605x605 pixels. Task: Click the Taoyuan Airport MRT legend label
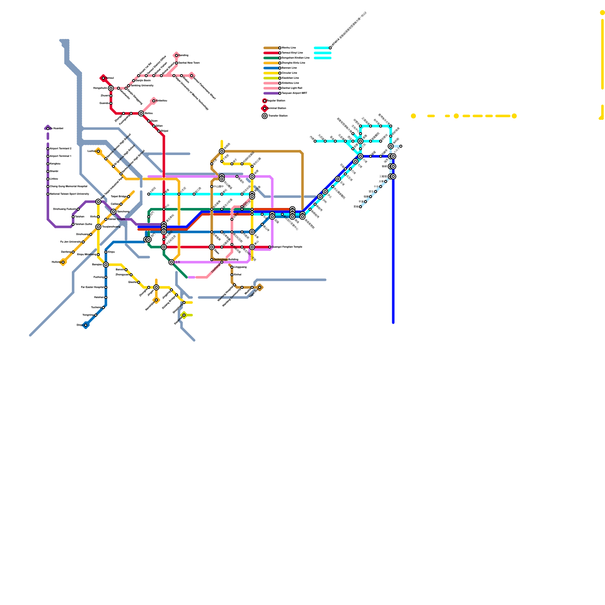pyautogui.click(x=295, y=93)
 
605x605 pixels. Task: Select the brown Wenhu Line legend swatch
pyautogui.click(x=271, y=48)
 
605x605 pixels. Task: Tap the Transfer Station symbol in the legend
pyautogui.click(x=265, y=116)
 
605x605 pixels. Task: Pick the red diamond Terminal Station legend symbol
pyautogui.click(x=265, y=109)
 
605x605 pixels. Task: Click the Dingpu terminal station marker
pyautogui.click(x=86, y=325)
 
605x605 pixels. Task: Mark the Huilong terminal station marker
pyautogui.click(x=63, y=262)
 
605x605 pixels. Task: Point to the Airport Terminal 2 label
pyautogui.click(x=60, y=149)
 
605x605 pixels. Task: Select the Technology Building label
pyautogui.click(x=226, y=260)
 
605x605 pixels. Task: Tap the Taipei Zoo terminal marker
pyautogui.click(x=260, y=288)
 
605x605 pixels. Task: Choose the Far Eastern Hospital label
pyautogui.click(x=92, y=287)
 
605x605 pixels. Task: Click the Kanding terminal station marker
pyautogui.click(x=177, y=56)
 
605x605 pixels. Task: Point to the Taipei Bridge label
pyautogui.click(x=118, y=197)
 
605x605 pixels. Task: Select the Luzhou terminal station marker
pyautogui.click(x=98, y=151)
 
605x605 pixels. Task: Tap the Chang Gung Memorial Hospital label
pyautogui.click(x=68, y=186)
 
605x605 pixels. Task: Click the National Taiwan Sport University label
pyautogui.click(x=69, y=194)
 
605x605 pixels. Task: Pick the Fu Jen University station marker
pyautogui.click(x=83, y=242)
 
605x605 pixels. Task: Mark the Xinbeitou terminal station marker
pyautogui.click(x=154, y=101)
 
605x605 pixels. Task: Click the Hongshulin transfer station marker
pyautogui.click(x=111, y=88)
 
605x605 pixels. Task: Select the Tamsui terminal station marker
pyautogui.click(x=103, y=78)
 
